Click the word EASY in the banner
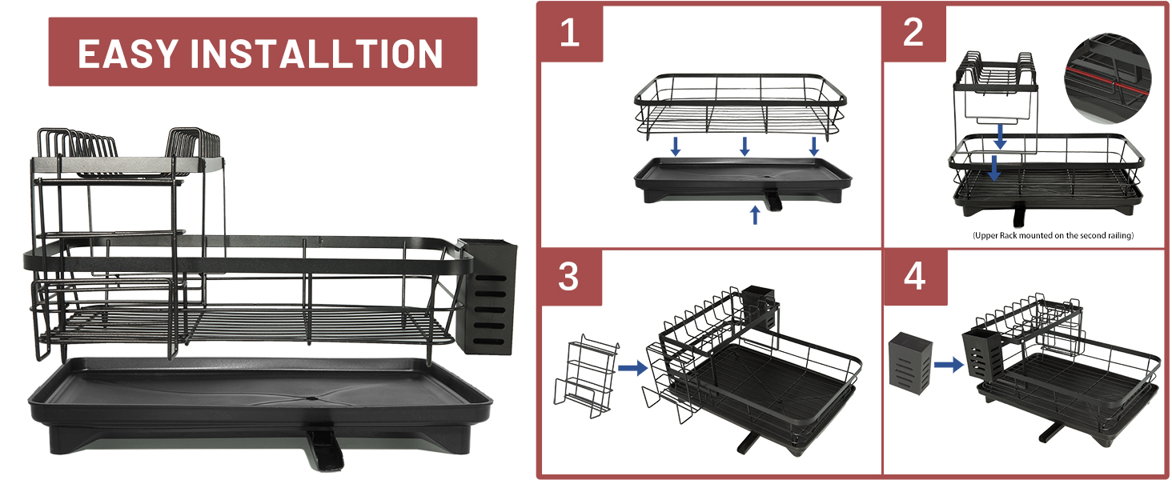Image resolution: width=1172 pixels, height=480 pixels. (x=128, y=54)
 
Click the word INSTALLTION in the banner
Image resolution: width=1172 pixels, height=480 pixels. (x=317, y=54)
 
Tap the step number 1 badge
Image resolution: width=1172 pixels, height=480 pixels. (x=570, y=33)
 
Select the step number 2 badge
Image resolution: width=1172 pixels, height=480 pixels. (x=914, y=33)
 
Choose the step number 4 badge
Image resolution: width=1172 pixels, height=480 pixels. (x=915, y=277)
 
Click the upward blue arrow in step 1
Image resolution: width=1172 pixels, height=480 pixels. (x=755, y=215)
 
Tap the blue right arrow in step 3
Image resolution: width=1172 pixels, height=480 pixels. (x=633, y=367)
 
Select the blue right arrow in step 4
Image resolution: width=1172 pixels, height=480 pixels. (x=949, y=365)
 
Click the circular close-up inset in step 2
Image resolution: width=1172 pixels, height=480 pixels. (x=1108, y=79)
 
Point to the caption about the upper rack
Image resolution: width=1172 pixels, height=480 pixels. (x=1054, y=235)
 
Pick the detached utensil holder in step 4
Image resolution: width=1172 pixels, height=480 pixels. (x=910, y=362)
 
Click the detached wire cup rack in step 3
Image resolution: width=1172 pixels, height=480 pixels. (x=587, y=376)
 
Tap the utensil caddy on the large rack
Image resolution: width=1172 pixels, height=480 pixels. (x=487, y=296)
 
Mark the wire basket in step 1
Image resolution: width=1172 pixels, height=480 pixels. (x=741, y=107)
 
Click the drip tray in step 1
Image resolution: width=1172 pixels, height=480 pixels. (x=742, y=181)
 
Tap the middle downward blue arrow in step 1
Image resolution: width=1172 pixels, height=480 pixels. (x=745, y=146)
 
